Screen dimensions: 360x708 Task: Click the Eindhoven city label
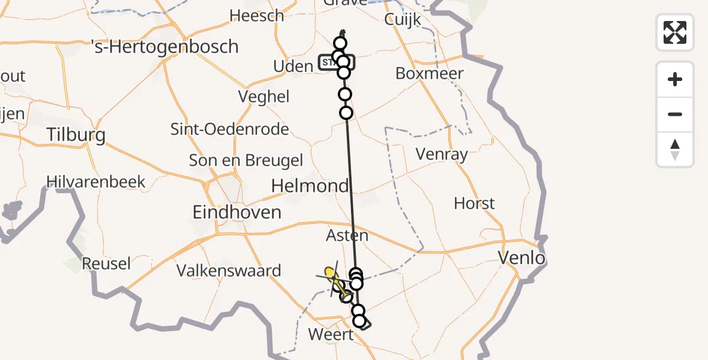click(237, 212)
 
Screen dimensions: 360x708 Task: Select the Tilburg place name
click(76, 134)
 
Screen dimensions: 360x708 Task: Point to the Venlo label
click(522, 258)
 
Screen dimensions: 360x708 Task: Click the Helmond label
click(310, 185)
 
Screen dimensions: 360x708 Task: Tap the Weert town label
click(331, 334)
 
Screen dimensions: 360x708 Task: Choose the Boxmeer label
click(430, 73)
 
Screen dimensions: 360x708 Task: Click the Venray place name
click(442, 154)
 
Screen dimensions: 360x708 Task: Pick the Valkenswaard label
click(229, 271)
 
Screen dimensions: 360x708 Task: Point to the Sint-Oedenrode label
click(230, 128)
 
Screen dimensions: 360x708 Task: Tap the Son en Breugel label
click(246, 160)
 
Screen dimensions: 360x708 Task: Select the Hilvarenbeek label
click(97, 181)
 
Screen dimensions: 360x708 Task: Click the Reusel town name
click(106, 263)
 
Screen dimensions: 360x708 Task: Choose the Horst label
click(474, 203)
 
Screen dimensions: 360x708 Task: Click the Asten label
click(347, 236)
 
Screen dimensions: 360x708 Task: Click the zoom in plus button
click(675, 79)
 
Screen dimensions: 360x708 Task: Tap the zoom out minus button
click(675, 114)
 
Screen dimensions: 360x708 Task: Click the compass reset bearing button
click(675, 149)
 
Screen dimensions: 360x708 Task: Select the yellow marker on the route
click(329, 272)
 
